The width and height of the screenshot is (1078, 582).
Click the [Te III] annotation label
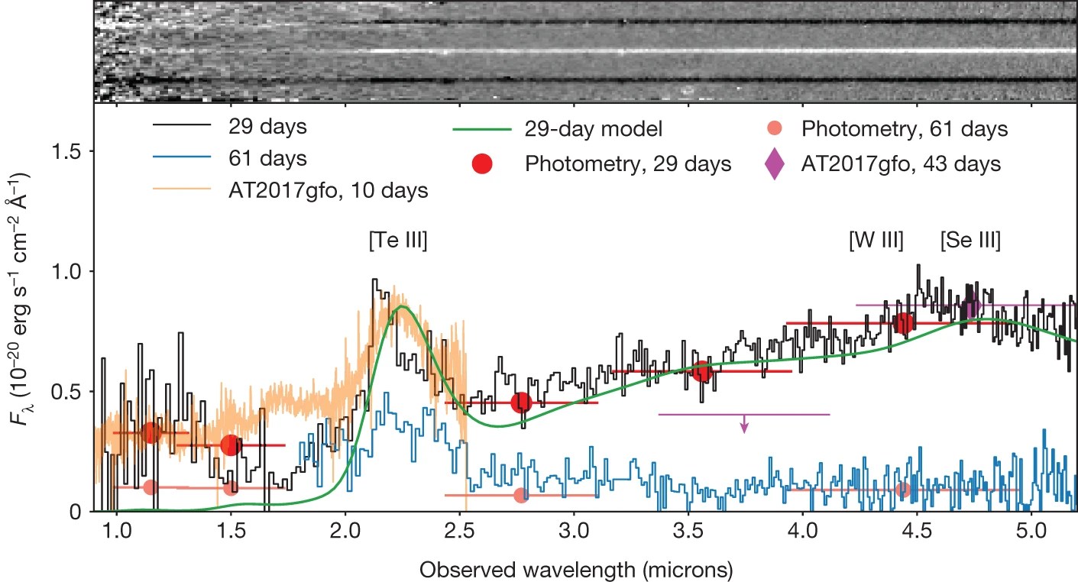pyautogui.click(x=397, y=241)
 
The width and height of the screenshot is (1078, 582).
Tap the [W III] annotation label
pyautogui.click(x=876, y=241)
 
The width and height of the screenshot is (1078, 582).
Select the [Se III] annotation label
pyautogui.click(x=970, y=241)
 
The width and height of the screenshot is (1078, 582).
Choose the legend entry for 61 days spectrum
pyautogui.click(x=267, y=160)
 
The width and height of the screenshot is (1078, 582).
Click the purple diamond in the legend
pyautogui.click(x=775, y=164)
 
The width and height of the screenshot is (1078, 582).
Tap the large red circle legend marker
pyautogui.click(x=484, y=164)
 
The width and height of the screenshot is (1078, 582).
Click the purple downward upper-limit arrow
pyautogui.click(x=744, y=425)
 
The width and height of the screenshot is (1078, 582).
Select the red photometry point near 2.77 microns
pyautogui.click(x=521, y=403)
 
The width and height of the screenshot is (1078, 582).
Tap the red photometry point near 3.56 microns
pyautogui.click(x=702, y=372)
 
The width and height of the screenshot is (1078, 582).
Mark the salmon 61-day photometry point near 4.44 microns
pyautogui.click(x=903, y=490)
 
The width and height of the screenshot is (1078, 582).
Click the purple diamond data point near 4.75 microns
pyautogui.click(x=973, y=307)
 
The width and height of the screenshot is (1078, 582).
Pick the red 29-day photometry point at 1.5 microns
pyautogui.click(x=231, y=445)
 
